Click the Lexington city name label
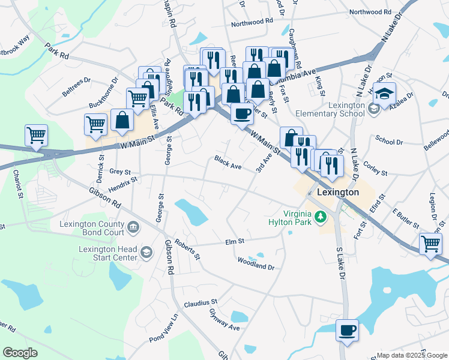tap(336, 193)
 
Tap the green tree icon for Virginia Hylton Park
tap(321, 216)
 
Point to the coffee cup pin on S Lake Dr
tap(347, 330)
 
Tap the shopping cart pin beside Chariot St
tap(36, 135)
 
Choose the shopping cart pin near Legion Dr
tap(430, 244)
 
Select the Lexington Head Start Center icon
tap(146, 251)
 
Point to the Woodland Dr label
tap(256, 262)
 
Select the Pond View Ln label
tap(164, 328)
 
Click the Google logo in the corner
tap(20, 353)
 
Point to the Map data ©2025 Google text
tap(411, 355)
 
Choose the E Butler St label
tap(405, 218)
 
